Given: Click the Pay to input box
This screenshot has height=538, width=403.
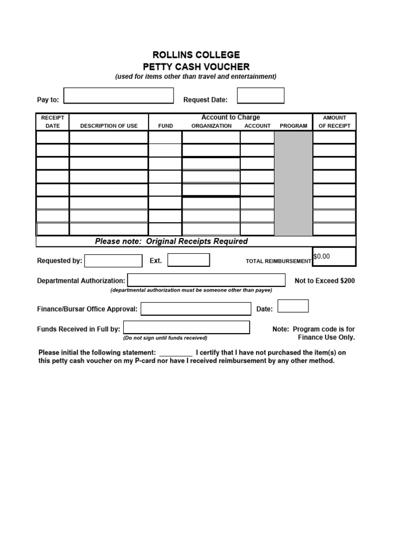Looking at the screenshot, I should [118, 96].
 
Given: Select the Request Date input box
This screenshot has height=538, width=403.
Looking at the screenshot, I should [260, 96].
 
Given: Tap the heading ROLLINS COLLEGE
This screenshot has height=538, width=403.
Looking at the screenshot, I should [196, 55].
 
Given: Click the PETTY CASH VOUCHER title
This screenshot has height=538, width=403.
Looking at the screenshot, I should [196, 67].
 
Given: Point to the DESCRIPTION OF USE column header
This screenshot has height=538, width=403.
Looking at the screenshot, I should [109, 126].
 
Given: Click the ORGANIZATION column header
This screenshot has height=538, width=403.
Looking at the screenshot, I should [211, 126].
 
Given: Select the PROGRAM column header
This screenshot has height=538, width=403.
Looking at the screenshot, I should [293, 126].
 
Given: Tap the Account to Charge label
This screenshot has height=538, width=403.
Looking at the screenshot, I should [230, 117].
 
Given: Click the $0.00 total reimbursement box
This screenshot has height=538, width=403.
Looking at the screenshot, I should [334, 256].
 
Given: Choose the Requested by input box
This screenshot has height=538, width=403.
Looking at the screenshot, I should [113, 261].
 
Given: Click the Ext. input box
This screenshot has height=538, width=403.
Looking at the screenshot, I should [188, 260].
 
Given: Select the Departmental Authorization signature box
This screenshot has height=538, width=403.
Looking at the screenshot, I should [206, 280].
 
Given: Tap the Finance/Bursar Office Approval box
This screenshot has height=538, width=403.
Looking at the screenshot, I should [196, 309].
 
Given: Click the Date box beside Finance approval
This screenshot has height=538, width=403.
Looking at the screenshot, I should [293, 306].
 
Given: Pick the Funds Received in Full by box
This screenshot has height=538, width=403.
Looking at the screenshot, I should [186, 328].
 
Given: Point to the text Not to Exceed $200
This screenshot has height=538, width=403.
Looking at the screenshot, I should [324, 281].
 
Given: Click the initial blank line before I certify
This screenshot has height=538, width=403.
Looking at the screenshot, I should [175, 353].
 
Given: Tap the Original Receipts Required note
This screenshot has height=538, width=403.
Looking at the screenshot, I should [171, 242].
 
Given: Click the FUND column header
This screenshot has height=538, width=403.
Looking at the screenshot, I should [165, 126].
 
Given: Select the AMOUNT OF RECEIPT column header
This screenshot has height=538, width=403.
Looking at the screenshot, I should [334, 122].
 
